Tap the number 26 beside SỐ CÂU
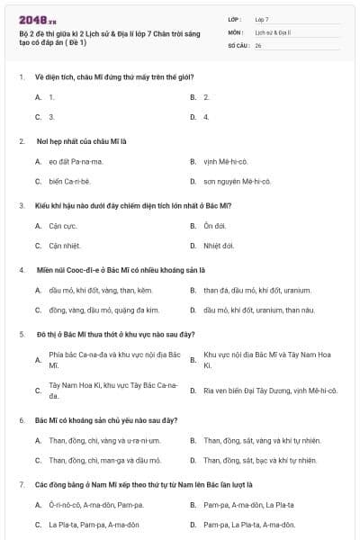[258, 44]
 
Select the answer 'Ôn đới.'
[214, 226]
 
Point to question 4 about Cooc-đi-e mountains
[121, 270]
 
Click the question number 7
[22, 484]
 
